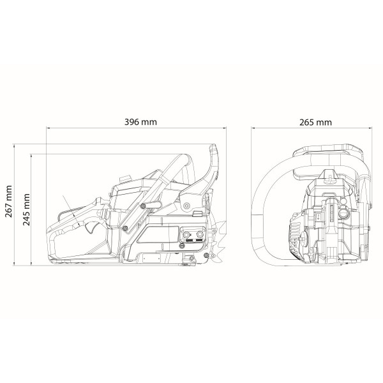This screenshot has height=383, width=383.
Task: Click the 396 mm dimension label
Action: (140, 122)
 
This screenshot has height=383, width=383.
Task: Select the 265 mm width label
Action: (315, 122)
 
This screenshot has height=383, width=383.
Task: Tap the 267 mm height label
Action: (9, 201)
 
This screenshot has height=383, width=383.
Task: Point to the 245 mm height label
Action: (26, 210)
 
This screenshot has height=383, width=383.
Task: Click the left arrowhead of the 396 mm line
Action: (48, 128)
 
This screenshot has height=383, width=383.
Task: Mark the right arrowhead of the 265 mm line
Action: (370, 128)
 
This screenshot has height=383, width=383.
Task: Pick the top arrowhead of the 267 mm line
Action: (14, 146)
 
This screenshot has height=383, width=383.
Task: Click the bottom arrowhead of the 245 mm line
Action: (31, 263)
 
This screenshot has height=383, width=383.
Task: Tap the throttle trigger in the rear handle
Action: (90, 228)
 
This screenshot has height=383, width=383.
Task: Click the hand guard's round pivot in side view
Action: (186, 206)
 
